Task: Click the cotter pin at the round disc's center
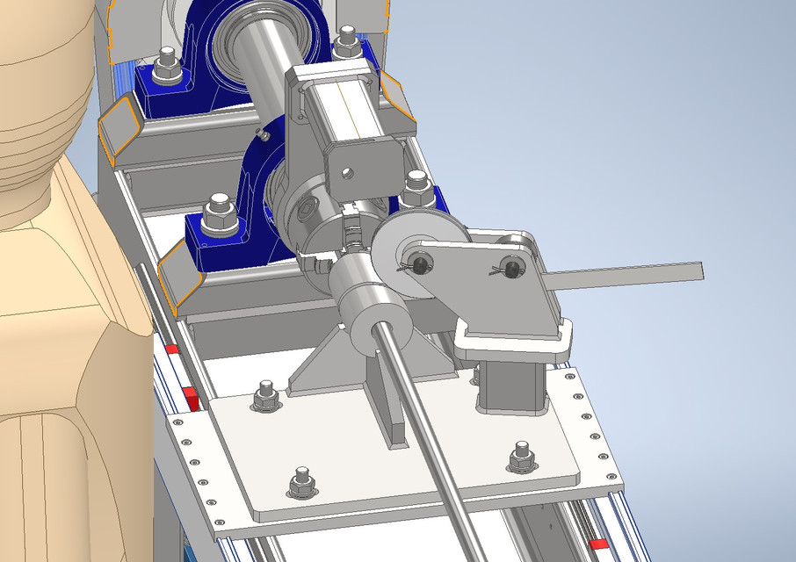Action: click(420, 263)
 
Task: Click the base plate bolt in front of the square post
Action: click(522, 455)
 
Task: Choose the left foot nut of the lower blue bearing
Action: click(214, 216)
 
